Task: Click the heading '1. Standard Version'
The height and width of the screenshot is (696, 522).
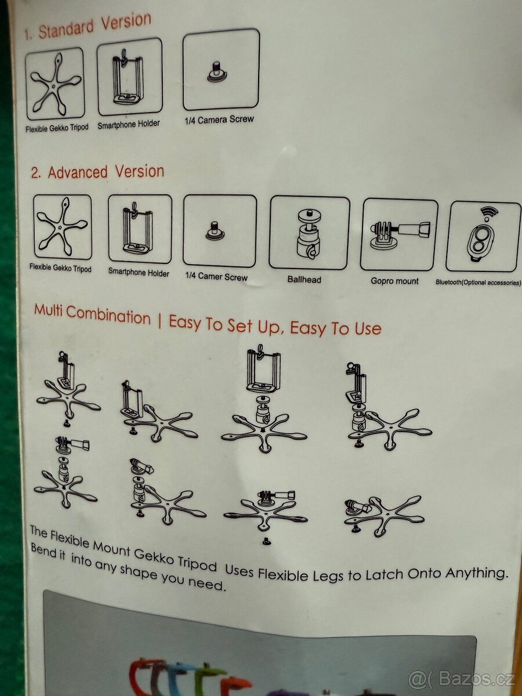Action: coord(88,27)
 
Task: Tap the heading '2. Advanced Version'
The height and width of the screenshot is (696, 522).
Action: coord(97,172)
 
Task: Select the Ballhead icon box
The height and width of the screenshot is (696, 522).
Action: coord(309,233)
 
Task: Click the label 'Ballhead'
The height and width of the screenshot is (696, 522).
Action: coord(304,280)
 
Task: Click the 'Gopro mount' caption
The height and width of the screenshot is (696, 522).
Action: coord(394,281)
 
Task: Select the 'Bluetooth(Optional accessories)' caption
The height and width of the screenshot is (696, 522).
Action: coord(478,282)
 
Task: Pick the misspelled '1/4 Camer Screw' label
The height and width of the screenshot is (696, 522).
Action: coord(216,277)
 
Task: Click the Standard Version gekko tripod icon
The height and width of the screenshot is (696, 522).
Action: coord(55,84)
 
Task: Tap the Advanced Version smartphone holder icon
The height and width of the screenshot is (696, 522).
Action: coord(140,229)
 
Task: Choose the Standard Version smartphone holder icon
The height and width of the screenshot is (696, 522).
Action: coord(129,77)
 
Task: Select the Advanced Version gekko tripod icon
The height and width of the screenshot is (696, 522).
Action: coord(62,226)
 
